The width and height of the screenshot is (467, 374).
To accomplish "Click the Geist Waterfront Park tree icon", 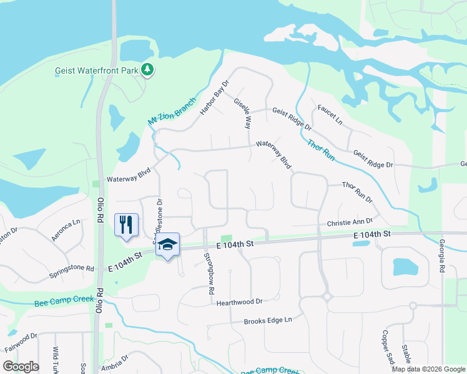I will [x=147, y=70].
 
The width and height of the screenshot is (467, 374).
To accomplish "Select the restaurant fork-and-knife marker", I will [x=126, y=224].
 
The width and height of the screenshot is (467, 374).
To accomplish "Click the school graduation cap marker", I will [x=167, y=244].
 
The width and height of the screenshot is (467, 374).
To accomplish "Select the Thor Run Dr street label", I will [x=357, y=192].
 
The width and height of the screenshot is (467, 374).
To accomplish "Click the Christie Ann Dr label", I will [x=350, y=222].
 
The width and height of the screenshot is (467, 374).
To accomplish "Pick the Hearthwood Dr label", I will [x=239, y=302].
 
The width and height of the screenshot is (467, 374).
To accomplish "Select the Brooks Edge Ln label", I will [x=268, y=320].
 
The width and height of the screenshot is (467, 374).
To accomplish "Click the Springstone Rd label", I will [x=72, y=272].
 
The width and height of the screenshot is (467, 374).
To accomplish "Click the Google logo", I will [x=21, y=366].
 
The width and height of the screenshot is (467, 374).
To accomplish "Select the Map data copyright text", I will [x=428, y=369].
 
